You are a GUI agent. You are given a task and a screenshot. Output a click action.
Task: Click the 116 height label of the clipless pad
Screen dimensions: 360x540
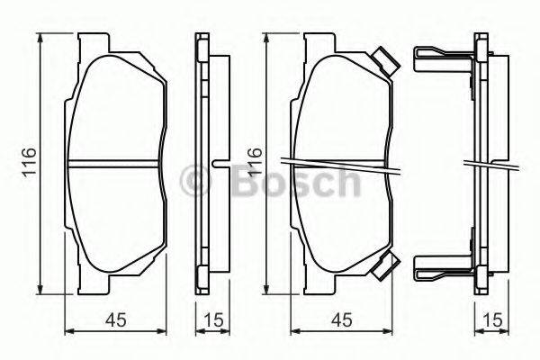tap(29, 163)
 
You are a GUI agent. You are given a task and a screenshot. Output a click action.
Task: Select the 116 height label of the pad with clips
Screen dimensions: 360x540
tap(255, 163)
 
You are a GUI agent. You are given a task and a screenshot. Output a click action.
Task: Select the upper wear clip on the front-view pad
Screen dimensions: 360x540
tap(384, 61)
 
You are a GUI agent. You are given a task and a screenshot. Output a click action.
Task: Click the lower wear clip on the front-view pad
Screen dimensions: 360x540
tap(384, 265)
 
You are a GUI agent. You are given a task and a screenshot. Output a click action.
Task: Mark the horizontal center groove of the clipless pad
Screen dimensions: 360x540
tap(115, 164)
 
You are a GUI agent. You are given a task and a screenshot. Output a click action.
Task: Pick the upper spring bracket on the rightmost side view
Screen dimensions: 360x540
tap(441, 59)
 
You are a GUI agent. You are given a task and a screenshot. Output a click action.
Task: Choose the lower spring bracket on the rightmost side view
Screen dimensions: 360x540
tap(441, 266)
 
